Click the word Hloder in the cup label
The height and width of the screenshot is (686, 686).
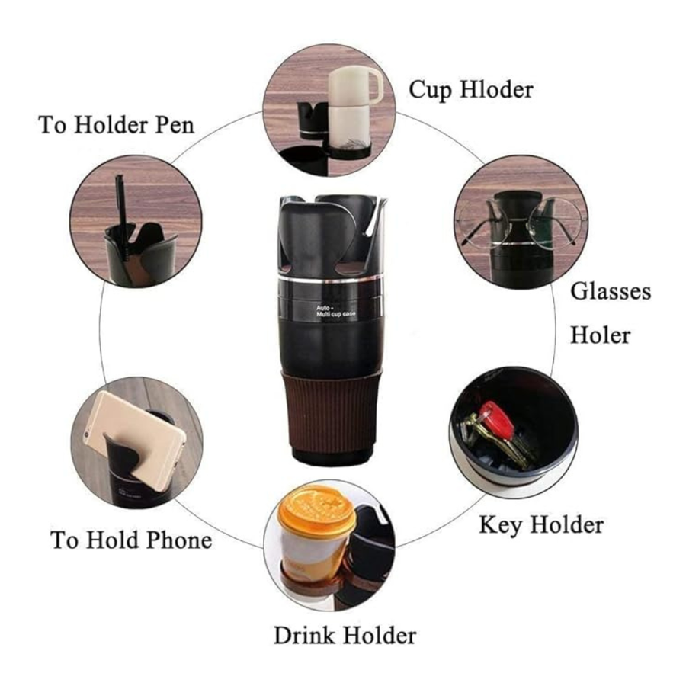pyautogui.click(x=496, y=90)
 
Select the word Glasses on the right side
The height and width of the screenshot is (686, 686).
pyautogui.click(x=611, y=291)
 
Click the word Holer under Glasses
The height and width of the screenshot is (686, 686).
pyautogui.click(x=600, y=335)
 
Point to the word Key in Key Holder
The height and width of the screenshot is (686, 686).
pyautogui.click(x=502, y=525)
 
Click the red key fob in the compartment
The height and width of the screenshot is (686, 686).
pyautogui.click(x=496, y=421)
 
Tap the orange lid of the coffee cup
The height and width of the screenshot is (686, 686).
pyautogui.click(x=316, y=512)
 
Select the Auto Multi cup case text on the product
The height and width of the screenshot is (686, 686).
pyautogui.click(x=335, y=311)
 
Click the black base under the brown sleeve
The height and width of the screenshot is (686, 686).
pyautogui.click(x=332, y=457)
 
